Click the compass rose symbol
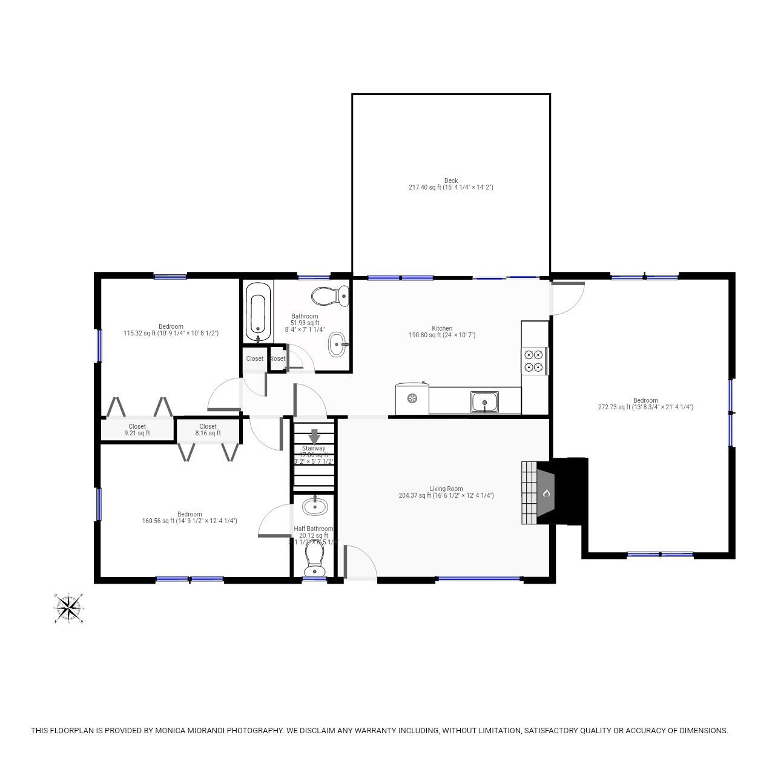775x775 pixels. click(68, 607)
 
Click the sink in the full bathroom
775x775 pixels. click(338, 345)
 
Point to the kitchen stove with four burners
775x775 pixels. click(534, 361)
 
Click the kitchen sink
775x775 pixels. click(484, 401)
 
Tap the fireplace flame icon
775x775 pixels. click(546, 493)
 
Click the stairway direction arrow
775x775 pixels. click(314, 436)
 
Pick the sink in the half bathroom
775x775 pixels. click(314, 506)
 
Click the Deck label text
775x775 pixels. click(451, 180)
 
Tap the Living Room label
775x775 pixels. click(446, 489)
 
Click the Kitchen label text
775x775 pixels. click(442, 329)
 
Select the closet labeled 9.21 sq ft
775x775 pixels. click(137, 430)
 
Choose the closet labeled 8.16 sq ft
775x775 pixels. click(208, 430)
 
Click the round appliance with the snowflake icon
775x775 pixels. click(412, 398)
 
